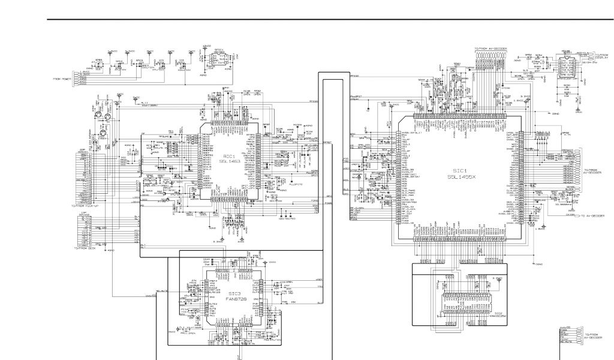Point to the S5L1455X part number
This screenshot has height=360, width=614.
tap(460, 177)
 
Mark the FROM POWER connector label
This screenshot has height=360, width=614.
tap(63, 79)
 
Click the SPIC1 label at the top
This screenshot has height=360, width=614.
tap(218, 50)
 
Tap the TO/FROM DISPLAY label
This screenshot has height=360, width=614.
tap(600, 58)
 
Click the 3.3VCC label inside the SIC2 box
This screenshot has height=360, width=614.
tap(496, 279)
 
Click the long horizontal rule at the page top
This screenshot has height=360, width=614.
tap(330, 19)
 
